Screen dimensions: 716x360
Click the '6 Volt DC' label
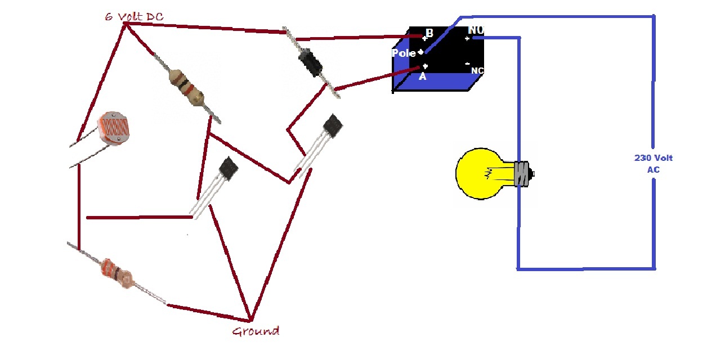(134, 17)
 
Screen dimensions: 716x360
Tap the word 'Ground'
(256, 331)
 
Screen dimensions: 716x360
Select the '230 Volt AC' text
(654, 164)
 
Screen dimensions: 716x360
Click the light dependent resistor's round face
(114, 128)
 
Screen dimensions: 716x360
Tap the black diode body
(310, 62)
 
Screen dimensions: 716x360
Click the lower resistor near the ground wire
(117, 274)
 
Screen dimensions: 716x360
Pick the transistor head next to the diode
(333, 125)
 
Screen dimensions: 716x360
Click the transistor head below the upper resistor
(228, 169)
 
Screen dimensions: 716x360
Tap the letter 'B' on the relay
(429, 33)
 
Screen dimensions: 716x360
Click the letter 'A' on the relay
(422, 76)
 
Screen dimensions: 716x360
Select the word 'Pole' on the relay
(404, 53)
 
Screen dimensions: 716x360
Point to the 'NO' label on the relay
(476, 30)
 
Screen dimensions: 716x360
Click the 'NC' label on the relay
(477, 71)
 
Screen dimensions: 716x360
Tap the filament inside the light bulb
(488, 174)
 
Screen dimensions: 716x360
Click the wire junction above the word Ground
(251, 319)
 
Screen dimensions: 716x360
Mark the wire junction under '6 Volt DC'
(126, 24)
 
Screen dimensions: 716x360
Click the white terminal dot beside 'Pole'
(421, 52)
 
